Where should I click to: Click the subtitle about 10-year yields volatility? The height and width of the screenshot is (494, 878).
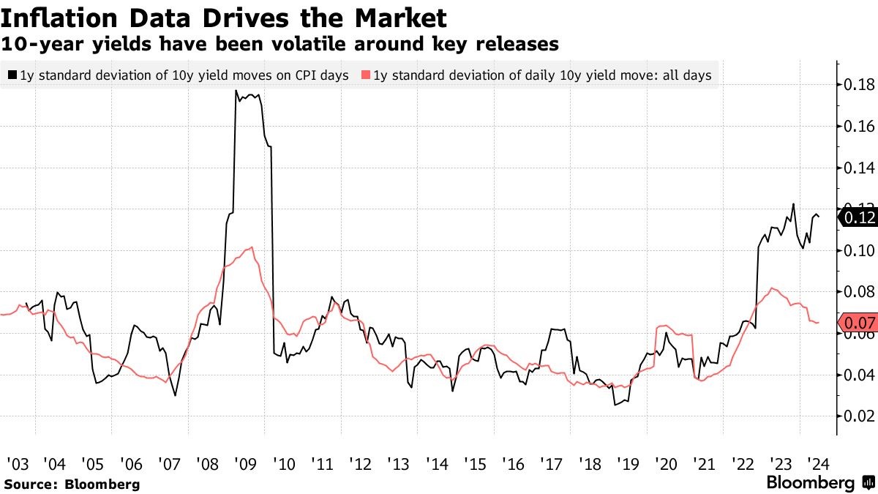point(280,45)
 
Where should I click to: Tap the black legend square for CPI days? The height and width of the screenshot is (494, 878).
point(12,75)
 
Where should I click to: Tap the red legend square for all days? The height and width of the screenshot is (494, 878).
point(366,75)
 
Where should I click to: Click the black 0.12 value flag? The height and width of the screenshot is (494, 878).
point(858,217)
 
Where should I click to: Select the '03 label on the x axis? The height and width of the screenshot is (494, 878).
point(17,463)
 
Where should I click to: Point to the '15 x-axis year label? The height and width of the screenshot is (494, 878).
point(474,463)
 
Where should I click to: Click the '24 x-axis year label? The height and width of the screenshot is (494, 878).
point(817,463)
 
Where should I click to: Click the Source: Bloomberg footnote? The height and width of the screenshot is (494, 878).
point(72,484)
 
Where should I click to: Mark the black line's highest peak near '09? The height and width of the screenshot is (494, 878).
point(236,91)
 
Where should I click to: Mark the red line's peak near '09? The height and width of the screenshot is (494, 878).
point(252,248)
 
